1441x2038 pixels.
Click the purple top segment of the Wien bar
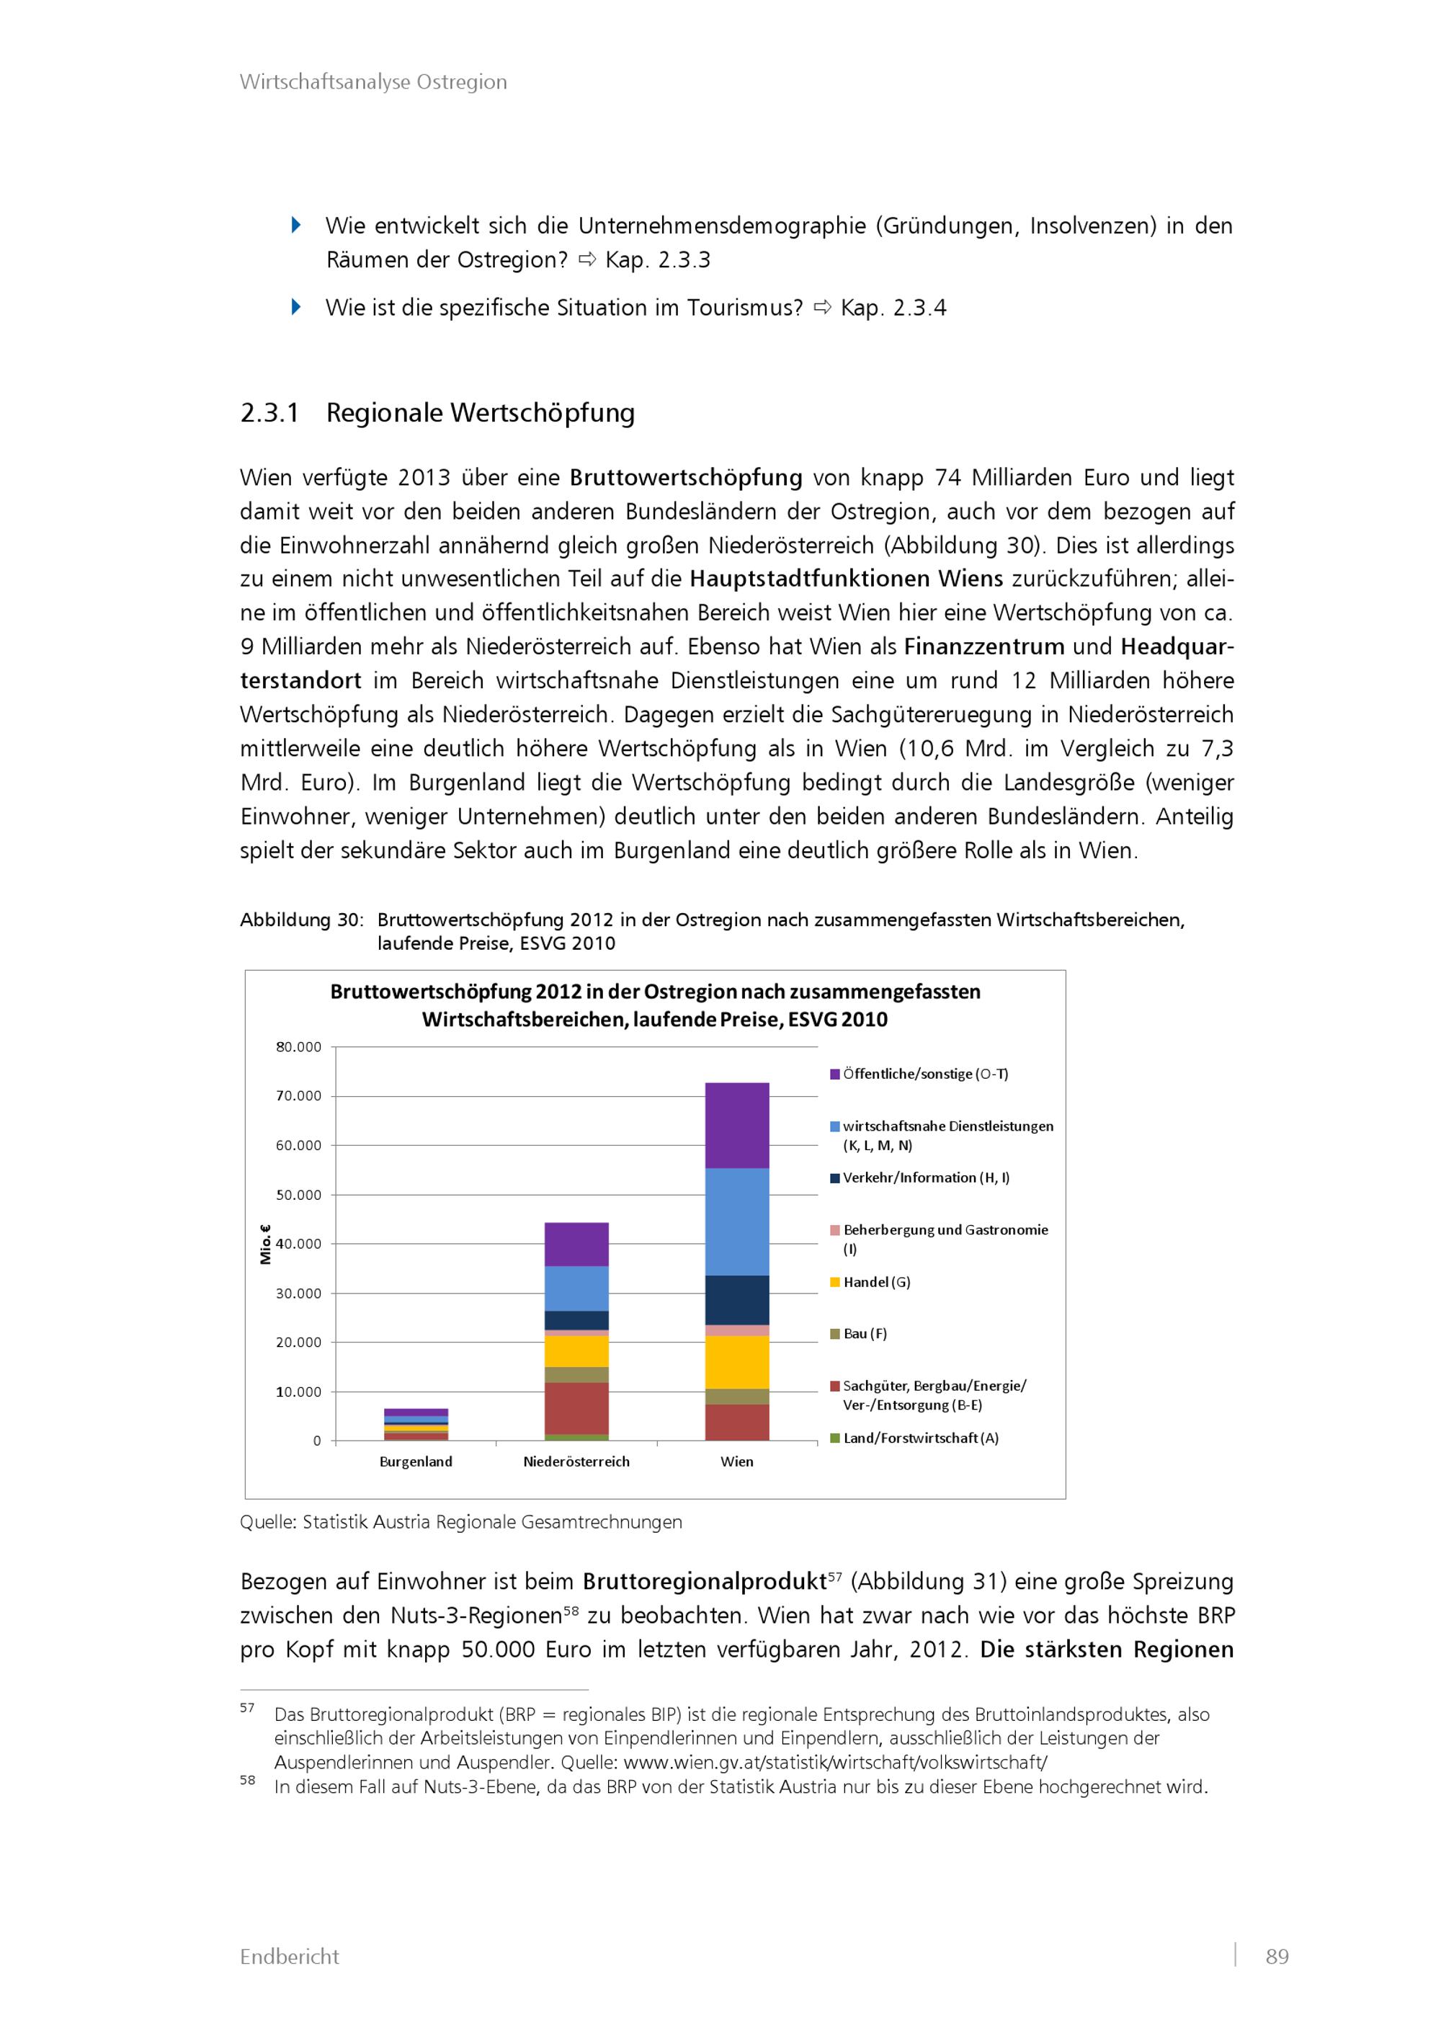click(736, 1125)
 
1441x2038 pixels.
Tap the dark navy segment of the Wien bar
click(736, 1299)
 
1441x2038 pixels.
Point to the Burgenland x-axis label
click(415, 1461)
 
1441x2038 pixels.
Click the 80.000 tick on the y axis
click(298, 1046)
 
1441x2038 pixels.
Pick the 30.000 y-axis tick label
click(298, 1294)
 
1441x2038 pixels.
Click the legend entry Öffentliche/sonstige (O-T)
click(924, 1074)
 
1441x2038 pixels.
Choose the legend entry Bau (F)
click(865, 1333)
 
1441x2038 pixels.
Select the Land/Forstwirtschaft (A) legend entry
click(920, 1438)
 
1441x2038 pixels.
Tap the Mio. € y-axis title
click(264, 1244)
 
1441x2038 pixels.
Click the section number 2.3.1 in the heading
click(269, 413)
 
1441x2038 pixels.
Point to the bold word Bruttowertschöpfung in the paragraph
click(686, 478)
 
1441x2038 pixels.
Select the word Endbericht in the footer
click(289, 1957)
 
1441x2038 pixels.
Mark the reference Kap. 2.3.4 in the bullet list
click(893, 308)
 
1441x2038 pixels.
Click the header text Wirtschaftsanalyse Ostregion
click(373, 81)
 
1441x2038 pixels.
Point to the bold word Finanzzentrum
click(984, 646)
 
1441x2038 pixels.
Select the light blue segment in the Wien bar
click(736, 1222)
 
